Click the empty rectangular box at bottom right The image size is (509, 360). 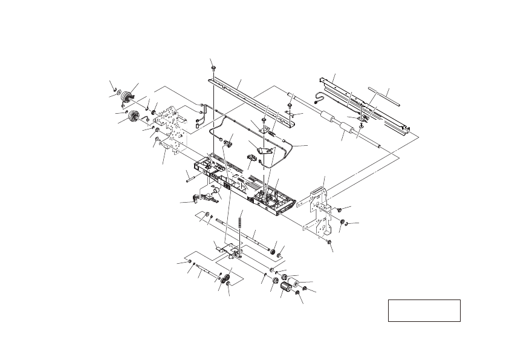tap(424, 310)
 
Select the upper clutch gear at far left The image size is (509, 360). tap(128, 96)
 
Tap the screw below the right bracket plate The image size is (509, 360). tap(330, 242)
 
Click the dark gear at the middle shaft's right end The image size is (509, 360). tap(273, 250)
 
